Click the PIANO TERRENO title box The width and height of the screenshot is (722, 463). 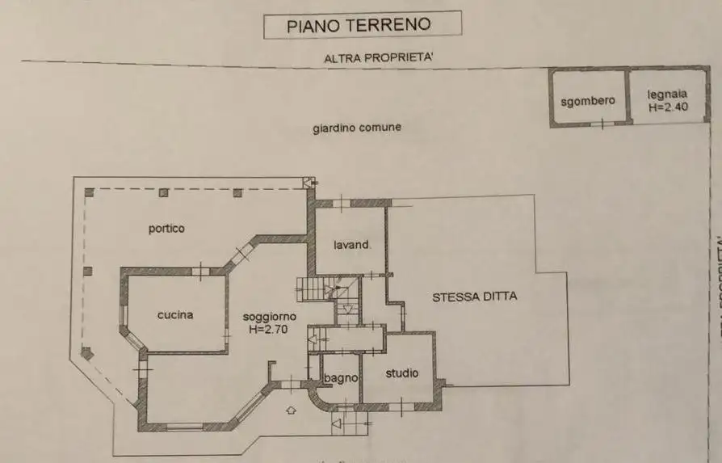(363, 25)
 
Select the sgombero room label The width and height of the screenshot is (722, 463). (588, 101)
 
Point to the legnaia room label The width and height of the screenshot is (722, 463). (667, 95)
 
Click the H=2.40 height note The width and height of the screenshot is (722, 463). (667, 107)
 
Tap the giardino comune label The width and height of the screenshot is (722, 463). (357, 128)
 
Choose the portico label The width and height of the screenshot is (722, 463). (166, 229)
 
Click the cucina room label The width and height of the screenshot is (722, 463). (175, 315)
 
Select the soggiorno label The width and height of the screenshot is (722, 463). (271, 316)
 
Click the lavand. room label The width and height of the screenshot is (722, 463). (352, 245)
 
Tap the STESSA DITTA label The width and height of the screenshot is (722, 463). (475, 297)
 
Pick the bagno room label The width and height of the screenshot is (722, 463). (340, 378)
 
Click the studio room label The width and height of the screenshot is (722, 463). (401, 373)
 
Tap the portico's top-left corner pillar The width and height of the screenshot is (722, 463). (90, 193)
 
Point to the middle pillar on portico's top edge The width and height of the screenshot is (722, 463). (164, 193)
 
